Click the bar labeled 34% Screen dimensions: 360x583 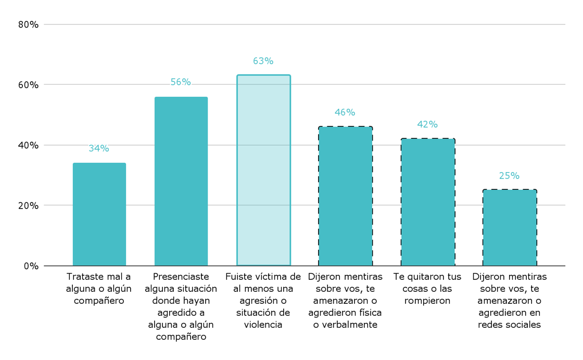[x=99, y=214]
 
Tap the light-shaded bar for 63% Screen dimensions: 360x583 [x=263, y=170]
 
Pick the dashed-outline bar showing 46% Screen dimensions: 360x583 [x=345, y=196]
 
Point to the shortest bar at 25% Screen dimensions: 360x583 [x=510, y=227]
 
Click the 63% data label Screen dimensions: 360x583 [x=263, y=61]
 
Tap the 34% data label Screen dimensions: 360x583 [x=99, y=148]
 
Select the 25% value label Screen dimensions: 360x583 [x=510, y=176]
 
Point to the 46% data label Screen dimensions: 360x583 [x=345, y=112]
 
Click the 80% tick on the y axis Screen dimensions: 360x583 [x=28, y=24]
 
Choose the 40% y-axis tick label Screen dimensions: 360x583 [x=28, y=145]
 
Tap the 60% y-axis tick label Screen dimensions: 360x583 [x=28, y=85]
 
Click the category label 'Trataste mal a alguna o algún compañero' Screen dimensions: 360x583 [x=99, y=288]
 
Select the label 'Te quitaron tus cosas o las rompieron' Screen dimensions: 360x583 [x=427, y=288]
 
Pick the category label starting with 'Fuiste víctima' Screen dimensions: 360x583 [x=263, y=300]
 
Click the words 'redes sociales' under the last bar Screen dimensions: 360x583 [x=510, y=325]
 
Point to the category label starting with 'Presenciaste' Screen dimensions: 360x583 [x=181, y=306]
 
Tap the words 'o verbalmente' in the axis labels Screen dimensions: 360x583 [x=345, y=325]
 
